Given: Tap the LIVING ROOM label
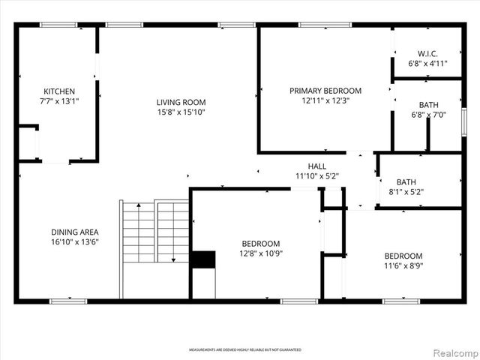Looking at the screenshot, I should click(181, 103).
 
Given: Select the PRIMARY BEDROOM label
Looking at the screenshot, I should click(325, 91).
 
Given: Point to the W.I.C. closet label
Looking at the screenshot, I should click(427, 54).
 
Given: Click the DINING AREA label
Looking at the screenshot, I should click(74, 232).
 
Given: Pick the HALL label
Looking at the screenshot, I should click(317, 166).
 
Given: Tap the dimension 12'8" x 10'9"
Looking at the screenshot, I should click(261, 253).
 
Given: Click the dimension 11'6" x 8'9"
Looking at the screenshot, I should click(403, 265).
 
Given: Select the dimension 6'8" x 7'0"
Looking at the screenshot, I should click(427, 115).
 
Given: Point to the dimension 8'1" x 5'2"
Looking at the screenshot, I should click(411, 191).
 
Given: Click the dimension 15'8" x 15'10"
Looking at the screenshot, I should click(181, 112).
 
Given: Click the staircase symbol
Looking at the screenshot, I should click(154, 232).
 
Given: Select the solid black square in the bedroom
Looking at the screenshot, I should click(202, 259).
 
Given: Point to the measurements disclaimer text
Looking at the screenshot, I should click(244, 350).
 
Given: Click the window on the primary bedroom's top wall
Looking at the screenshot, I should click(325, 25).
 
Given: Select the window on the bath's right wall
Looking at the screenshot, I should click(463, 119).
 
